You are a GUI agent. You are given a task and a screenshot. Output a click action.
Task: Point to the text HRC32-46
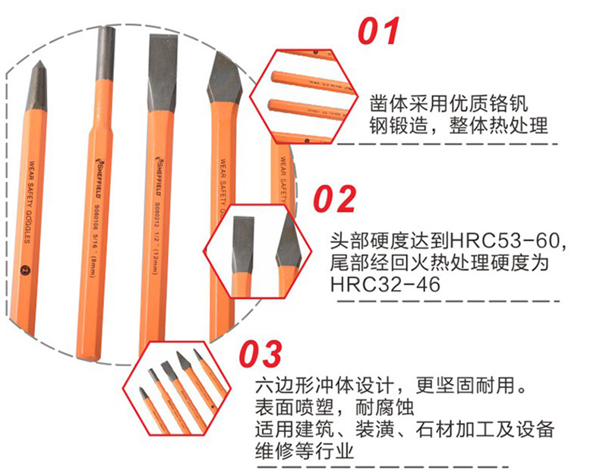386,284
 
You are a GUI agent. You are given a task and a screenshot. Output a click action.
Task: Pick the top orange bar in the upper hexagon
311,80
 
